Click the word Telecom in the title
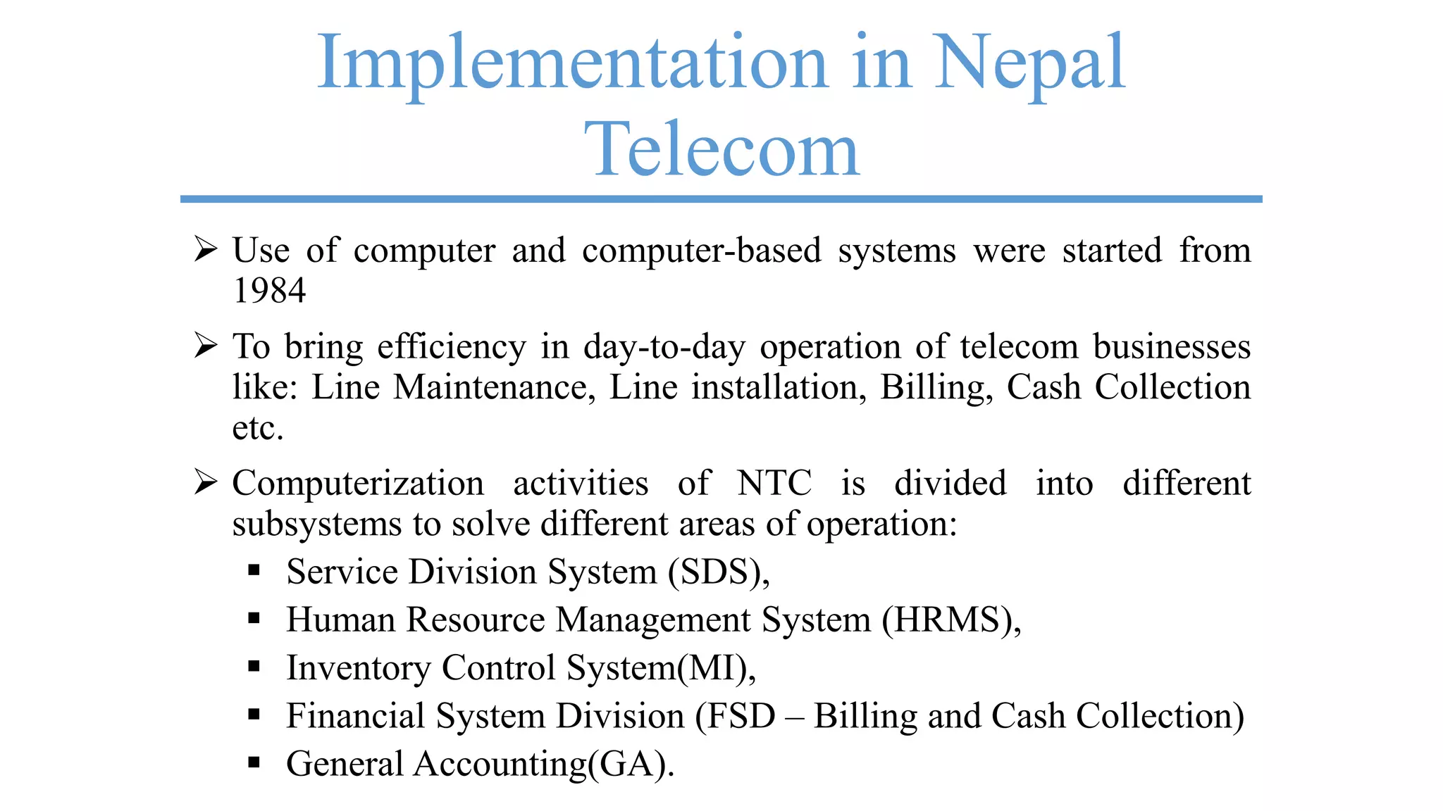pos(721,149)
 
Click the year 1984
pos(269,290)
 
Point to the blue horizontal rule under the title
pos(721,199)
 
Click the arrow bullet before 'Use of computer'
pos(205,249)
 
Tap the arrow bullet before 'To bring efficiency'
pos(205,346)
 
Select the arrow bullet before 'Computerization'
pos(205,482)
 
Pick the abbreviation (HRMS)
pos(948,620)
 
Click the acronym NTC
pos(774,483)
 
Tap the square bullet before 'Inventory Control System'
pos(254,666)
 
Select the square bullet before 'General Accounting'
pos(254,762)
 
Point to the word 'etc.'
pos(258,427)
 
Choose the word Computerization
pos(358,483)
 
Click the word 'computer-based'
pos(702,250)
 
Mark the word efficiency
pos(452,346)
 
